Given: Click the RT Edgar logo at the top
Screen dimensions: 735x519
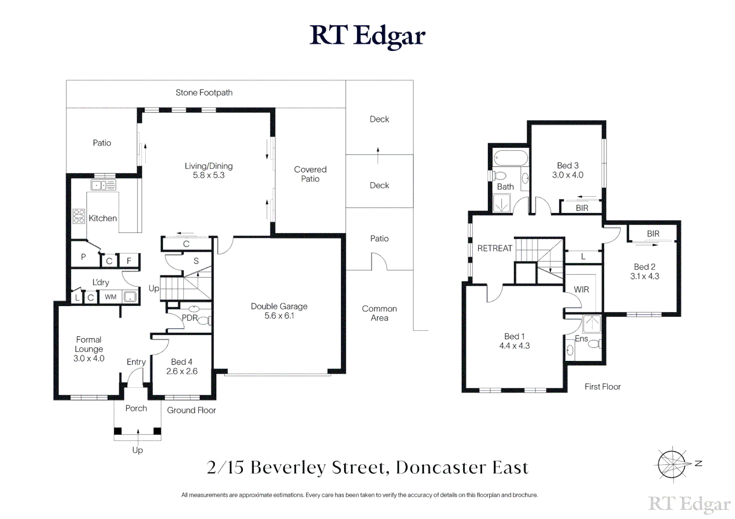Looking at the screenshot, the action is coord(367,36).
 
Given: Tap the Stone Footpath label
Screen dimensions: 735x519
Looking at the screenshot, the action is coord(204,93).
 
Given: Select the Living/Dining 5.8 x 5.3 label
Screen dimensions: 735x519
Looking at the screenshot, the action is coord(209,171).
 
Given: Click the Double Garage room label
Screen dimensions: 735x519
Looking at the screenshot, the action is coord(279,311).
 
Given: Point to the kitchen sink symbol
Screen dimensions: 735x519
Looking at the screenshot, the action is coord(103,185).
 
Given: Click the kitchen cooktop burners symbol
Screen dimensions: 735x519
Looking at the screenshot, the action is coord(79,216).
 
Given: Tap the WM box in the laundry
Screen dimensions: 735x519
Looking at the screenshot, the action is coord(111,297).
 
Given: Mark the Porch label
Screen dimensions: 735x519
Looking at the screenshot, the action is coord(136,408).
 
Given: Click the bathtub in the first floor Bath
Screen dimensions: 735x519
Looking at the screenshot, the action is coord(510,158).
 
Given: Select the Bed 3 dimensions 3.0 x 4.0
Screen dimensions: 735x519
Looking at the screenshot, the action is coord(568,175).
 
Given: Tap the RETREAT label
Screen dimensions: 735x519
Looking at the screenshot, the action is coord(494,248).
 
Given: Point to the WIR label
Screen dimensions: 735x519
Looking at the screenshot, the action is coord(581,289).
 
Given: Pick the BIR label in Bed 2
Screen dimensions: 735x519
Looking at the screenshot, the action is coord(653,234).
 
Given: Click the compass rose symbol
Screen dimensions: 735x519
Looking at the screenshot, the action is coord(672,464).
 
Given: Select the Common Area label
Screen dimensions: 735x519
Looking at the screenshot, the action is coord(380,313).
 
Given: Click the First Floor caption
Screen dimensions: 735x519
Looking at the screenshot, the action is coord(602,387).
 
